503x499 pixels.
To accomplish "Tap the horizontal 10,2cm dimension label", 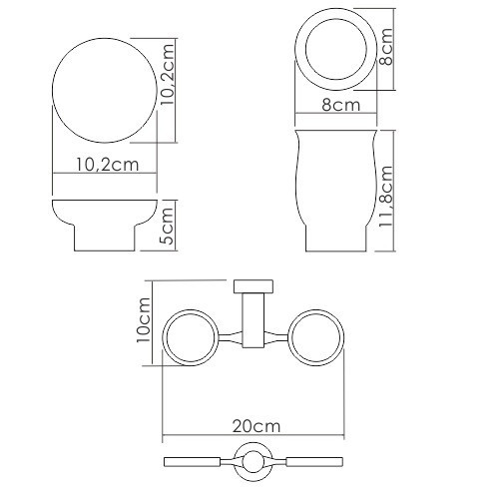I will [x=103, y=166].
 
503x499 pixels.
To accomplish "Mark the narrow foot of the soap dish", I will [x=103, y=241].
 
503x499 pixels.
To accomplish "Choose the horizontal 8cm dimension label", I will [x=340, y=101].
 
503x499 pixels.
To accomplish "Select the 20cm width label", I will [x=254, y=425].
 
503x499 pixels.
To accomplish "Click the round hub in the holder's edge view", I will [x=253, y=461].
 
